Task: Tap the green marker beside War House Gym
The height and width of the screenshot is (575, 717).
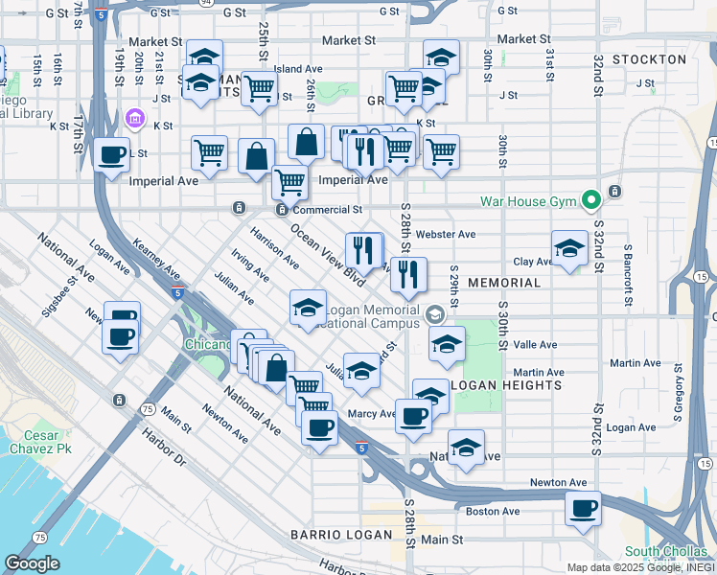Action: pyautogui.click(x=592, y=200)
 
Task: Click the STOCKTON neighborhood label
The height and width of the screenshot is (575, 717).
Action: pyautogui.click(x=649, y=59)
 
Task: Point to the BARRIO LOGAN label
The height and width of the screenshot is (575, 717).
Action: pyautogui.click(x=341, y=535)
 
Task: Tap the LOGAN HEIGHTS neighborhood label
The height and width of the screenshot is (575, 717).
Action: pyautogui.click(x=505, y=385)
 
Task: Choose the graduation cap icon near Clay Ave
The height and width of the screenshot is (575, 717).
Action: pyautogui.click(x=569, y=249)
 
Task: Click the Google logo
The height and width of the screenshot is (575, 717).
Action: pyautogui.click(x=32, y=563)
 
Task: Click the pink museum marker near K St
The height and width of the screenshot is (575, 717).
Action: pyautogui.click(x=134, y=120)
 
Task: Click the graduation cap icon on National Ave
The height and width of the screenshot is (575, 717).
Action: pyautogui.click(x=466, y=448)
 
